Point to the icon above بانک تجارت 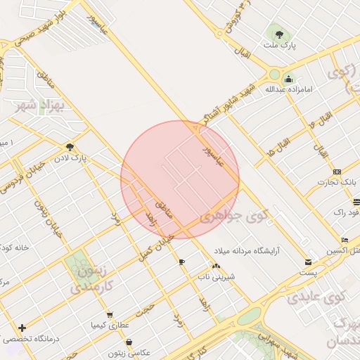(337, 172)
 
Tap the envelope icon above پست (307, 262)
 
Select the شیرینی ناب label (216, 276)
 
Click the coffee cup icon (182, 262)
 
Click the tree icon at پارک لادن (69, 147)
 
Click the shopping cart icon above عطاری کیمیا (108, 314)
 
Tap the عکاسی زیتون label (126, 352)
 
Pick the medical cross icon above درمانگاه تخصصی (22, 328)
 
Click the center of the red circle (180, 179)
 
